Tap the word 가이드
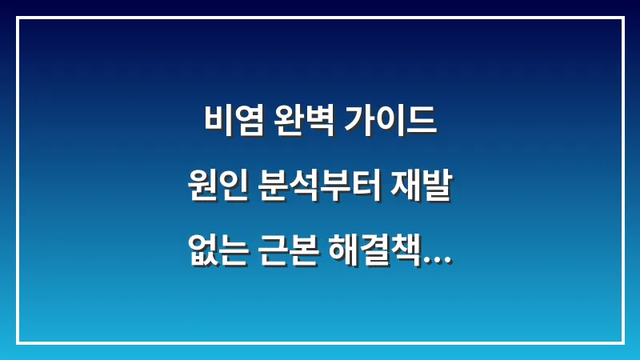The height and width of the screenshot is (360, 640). pyautogui.click(x=390, y=121)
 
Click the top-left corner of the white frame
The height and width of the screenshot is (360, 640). pyautogui.click(x=18, y=18)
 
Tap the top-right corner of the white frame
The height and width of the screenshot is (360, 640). pyautogui.click(x=622, y=18)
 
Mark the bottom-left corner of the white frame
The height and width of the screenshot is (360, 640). pyautogui.click(x=18, y=342)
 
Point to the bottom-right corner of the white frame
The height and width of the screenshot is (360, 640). pyautogui.click(x=622, y=342)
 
